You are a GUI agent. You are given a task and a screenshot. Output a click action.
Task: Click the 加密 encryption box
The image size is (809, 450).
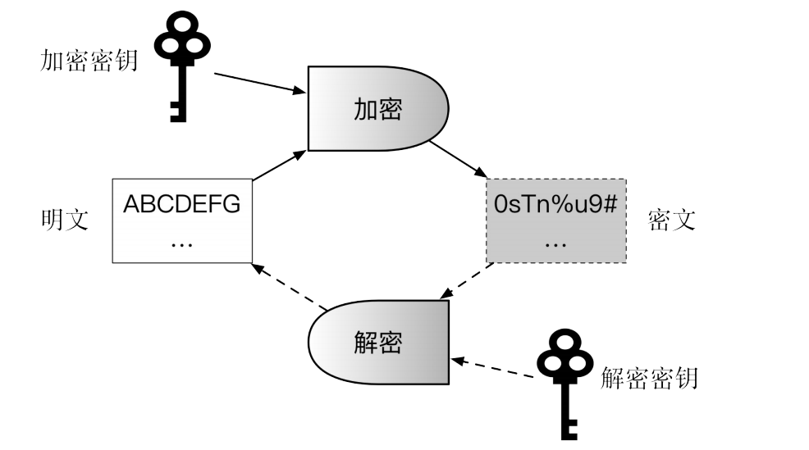(378, 108)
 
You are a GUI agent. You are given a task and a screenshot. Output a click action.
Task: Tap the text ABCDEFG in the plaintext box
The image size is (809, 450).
(181, 205)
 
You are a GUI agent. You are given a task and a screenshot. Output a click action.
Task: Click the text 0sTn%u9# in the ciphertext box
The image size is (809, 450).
(555, 205)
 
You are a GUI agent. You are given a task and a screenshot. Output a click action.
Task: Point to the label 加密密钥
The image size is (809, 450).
(88, 61)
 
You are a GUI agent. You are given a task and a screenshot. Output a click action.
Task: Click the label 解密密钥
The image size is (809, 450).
(649, 378)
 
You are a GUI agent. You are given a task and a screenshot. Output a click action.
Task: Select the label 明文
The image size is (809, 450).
(65, 220)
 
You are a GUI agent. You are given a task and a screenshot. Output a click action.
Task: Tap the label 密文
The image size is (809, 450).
(671, 220)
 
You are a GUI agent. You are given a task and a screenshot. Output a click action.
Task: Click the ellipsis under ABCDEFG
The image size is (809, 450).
(181, 243)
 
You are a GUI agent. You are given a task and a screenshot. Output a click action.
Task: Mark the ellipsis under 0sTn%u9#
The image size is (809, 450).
(555, 243)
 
